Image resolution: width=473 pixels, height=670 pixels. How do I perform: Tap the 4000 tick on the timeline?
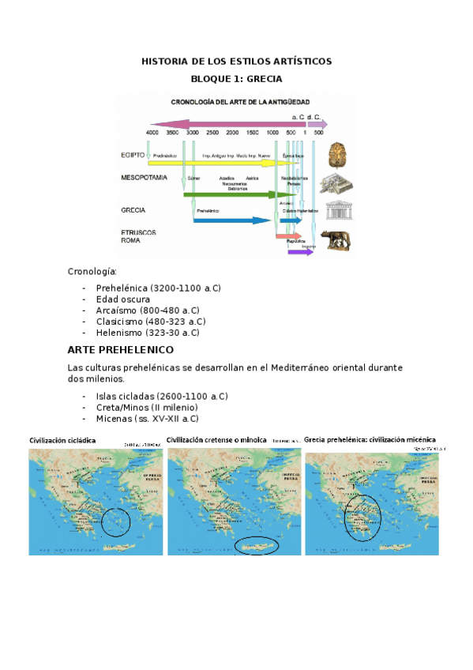click(x=152, y=133)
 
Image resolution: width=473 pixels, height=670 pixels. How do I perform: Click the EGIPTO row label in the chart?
click(x=133, y=156)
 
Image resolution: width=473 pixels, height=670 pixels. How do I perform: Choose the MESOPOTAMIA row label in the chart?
click(x=144, y=179)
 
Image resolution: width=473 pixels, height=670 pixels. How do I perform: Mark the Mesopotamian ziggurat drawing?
click(x=336, y=184)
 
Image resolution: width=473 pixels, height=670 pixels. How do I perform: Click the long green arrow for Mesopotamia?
click(x=237, y=194)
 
